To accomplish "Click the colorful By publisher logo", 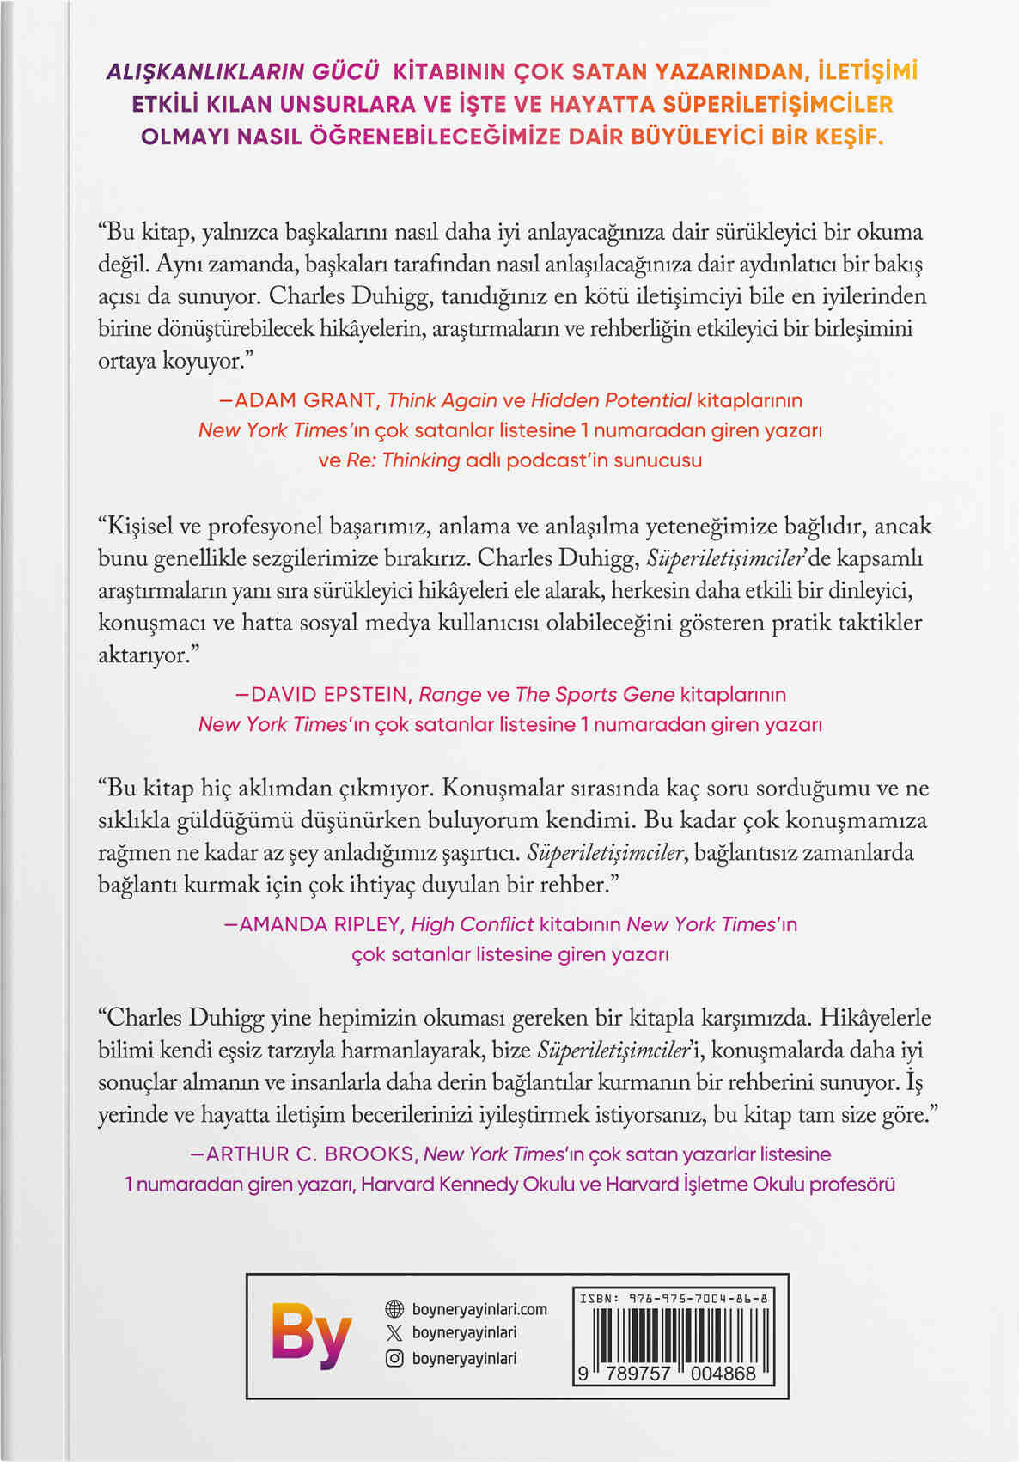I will pyautogui.click(x=310, y=1334).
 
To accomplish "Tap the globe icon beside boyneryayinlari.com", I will pyautogui.click(x=394, y=1309).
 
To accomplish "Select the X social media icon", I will pyautogui.click(x=394, y=1333).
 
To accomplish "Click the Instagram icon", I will pyautogui.click(x=394, y=1358).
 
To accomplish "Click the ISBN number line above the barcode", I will pyautogui.click(x=674, y=1299).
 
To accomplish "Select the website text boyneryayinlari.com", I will pyautogui.click(x=479, y=1309).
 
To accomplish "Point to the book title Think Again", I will pyautogui.click(x=442, y=400).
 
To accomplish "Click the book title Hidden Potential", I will pyautogui.click(x=611, y=400).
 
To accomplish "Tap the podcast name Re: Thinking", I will pyautogui.click(x=403, y=460).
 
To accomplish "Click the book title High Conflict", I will pyautogui.click(x=473, y=924).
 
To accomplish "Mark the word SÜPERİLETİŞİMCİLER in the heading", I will pyautogui.click(x=778, y=104).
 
